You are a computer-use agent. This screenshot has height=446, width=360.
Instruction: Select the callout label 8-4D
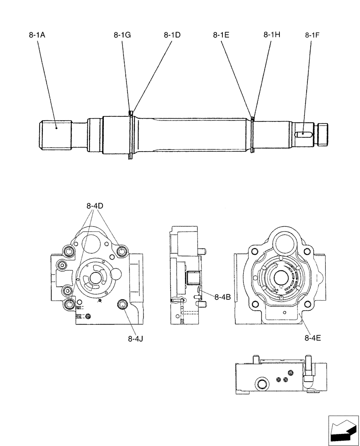[x=94, y=206]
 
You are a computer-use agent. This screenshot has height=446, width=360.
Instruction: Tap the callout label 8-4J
[x=135, y=339]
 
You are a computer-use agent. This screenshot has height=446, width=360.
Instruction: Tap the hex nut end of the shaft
[x=322, y=134]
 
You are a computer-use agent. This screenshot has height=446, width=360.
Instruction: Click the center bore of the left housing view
[x=95, y=277]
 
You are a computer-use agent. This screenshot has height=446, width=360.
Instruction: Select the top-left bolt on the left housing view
[x=69, y=252]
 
